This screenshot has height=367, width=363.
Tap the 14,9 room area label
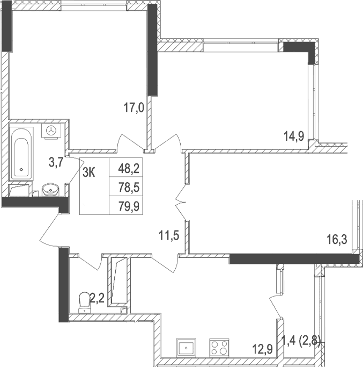pyautogui.click(x=294, y=136)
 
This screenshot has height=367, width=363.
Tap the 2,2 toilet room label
pyautogui.click(x=97, y=296)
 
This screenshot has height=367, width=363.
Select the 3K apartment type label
pyautogui.click(x=90, y=172)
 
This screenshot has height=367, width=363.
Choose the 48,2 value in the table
pyautogui.click(x=129, y=169)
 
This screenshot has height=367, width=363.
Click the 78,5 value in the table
pyautogui.click(x=129, y=187)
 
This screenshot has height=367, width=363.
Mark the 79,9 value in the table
pyautogui.click(x=129, y=205)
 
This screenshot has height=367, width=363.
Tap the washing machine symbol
pyautogui.click(x=52, y=131)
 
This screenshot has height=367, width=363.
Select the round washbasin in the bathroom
pyautogui.click(x=51, y=189)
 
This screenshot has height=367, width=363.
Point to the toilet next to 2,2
pyautogui.click(x=85, y=301)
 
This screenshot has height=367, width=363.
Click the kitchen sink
pyautogui.click(x=186, y=347)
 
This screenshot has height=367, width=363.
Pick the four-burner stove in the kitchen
pyautogui.click(x=219, y=347)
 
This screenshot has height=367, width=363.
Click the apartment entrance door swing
pyautogui.click(x=54, y=228)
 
